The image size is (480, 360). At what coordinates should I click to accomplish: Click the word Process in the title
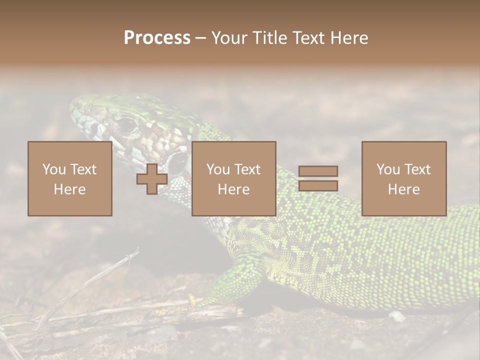pos(157,38)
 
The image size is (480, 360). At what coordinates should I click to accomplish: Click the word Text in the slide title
pos(307,38)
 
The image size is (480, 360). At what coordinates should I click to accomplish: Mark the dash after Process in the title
pos(201,39)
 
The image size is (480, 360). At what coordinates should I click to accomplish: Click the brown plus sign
pos(152,179)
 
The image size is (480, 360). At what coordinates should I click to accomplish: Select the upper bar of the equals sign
pos(318,171)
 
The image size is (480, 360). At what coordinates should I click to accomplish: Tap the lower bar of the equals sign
pos(318,185)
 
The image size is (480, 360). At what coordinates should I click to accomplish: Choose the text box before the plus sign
pos(69,179)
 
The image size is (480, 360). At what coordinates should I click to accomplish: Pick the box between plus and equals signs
pos(233,179)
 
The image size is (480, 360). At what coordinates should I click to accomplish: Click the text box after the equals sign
pos(403,179)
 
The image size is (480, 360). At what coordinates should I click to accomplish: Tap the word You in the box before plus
pos(54,169)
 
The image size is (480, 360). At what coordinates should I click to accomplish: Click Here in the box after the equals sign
pos(403,189)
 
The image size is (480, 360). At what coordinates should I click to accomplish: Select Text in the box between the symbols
pos(248,169)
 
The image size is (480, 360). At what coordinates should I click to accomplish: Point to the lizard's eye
pos(126,123)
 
